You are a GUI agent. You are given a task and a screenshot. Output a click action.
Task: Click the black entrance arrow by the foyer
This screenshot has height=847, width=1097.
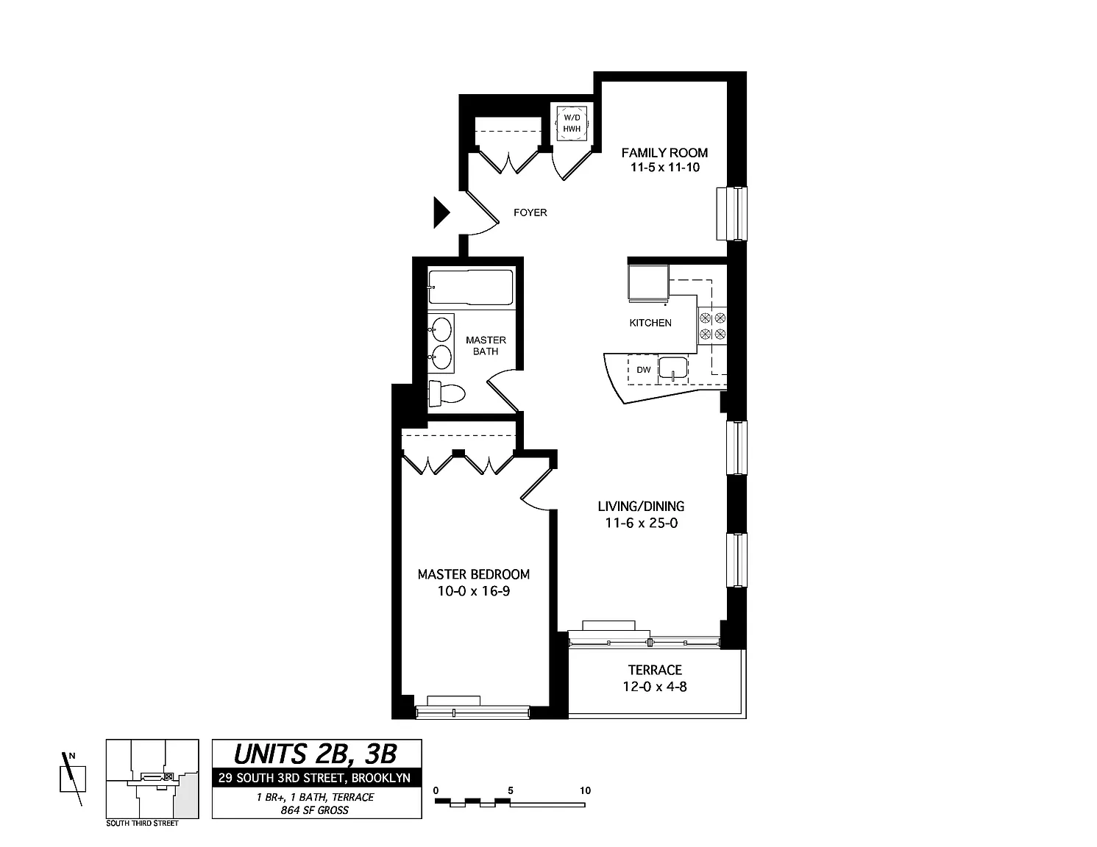[441, 212]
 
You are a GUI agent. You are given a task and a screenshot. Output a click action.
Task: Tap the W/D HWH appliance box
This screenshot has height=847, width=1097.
[572, 124]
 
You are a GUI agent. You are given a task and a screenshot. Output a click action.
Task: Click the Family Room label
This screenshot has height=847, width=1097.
[664, 152]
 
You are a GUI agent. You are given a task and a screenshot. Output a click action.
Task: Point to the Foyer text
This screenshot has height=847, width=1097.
[530, 212]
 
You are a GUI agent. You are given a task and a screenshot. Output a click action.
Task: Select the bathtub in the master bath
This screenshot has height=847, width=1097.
[470, 287]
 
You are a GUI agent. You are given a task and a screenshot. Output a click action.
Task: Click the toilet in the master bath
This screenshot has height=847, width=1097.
[447, 393]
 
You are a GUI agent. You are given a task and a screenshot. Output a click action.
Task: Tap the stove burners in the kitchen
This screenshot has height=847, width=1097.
[712, 326]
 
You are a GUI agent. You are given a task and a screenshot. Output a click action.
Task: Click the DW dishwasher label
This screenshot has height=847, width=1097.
[643, 370]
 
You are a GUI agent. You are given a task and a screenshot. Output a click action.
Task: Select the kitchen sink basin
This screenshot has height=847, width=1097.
[673, 368]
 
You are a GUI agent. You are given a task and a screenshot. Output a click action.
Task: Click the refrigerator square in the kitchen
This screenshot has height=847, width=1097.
[648, 284]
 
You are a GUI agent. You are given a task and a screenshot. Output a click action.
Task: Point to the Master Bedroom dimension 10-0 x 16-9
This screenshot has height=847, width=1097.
[474, 591]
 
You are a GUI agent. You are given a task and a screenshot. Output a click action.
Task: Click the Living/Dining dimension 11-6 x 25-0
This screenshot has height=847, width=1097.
[641, 523]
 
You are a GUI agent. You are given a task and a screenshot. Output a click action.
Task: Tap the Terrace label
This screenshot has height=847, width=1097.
[655, 670]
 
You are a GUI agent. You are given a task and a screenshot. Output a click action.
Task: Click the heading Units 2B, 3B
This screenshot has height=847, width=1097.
[316, 754]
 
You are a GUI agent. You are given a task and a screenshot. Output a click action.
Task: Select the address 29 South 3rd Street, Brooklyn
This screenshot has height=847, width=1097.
[314, 777]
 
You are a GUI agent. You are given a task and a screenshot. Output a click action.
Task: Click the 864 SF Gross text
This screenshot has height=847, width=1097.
[314, 810]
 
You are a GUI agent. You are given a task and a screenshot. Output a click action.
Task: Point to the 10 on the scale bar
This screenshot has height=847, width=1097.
[585, 790]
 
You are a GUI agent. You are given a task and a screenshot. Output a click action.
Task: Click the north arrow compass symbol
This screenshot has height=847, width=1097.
[72, 779]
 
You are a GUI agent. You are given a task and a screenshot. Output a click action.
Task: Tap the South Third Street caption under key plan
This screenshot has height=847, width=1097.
[142, 823]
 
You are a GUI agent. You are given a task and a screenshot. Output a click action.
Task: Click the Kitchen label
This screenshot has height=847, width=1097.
[650, 323]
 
